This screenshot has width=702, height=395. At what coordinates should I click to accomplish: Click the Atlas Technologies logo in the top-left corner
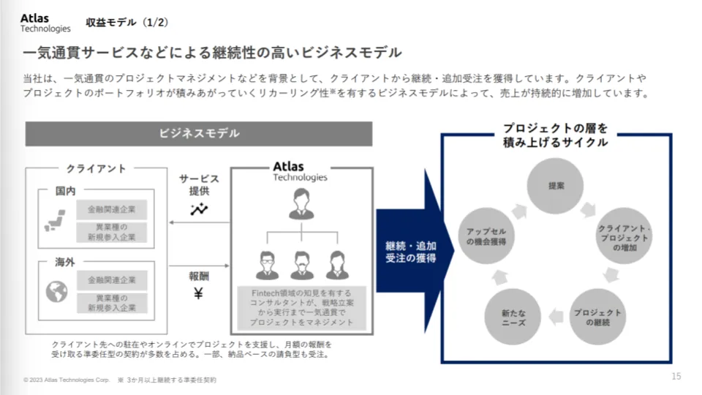point(45,23)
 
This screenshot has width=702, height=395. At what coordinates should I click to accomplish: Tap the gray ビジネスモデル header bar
point(199,134)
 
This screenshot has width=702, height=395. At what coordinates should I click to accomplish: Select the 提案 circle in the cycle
point(556,186)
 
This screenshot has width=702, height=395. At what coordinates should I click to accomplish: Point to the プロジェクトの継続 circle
point(597,317)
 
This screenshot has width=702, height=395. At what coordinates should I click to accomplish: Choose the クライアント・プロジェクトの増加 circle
point(624,236)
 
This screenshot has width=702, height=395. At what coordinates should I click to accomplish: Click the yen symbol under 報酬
point(198,294)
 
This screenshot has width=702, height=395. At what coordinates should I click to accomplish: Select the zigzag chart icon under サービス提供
point(199,210)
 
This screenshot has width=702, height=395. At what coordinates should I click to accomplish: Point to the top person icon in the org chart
point(300,204)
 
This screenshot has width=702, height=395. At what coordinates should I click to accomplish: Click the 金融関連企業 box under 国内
point(112,209)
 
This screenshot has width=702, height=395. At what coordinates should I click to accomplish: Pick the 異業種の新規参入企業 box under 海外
point(112,303)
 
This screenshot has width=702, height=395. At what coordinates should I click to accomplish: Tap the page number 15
point(676,376)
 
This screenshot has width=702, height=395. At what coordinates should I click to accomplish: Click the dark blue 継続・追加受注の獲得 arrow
point(413,252)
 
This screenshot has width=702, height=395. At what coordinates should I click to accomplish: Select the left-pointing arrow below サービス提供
point(199,223)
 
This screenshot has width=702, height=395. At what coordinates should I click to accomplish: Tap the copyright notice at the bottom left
point(66,380)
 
